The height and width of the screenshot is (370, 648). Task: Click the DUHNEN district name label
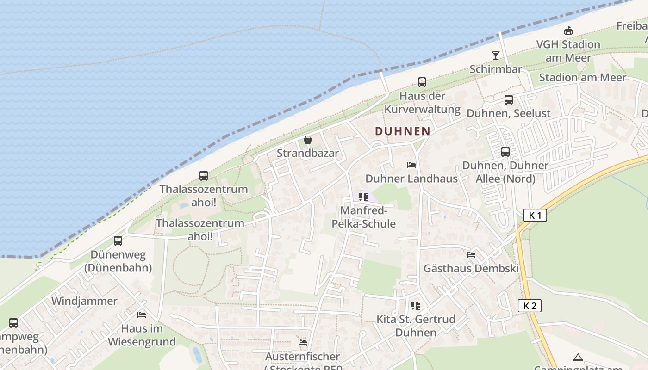[402, 131]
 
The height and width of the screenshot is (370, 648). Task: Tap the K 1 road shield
[535, 215]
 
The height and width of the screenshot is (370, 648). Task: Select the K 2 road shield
[530, 306]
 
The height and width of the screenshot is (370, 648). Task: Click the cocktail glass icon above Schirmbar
[496, 55]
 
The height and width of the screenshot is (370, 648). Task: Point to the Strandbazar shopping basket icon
[307, 140]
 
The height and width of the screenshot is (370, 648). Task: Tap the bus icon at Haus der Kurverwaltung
[422, 82]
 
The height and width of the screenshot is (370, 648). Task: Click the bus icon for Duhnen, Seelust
[508, 100]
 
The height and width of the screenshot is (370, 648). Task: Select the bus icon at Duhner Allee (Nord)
[505, 152]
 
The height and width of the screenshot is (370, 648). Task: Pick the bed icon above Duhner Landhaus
[411, 165]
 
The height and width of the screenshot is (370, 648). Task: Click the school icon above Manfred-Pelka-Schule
[363, 197]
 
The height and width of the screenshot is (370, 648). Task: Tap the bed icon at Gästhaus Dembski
[471, 254]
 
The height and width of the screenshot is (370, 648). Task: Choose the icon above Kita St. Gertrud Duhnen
[415, 305]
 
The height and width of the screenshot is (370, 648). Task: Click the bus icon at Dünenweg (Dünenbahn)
[118, 241]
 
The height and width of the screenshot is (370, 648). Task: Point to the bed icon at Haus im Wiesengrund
[142, 315]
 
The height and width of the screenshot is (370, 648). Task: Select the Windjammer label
[84, 301]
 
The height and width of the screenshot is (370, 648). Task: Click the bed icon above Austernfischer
[303, 343]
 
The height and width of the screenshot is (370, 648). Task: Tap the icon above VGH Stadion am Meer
[568, 31]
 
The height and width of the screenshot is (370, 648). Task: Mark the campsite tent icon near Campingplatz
[578, 357]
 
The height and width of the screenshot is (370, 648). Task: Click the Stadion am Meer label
[582, 77]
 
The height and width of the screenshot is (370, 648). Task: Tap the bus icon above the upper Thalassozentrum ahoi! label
[204, 176]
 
